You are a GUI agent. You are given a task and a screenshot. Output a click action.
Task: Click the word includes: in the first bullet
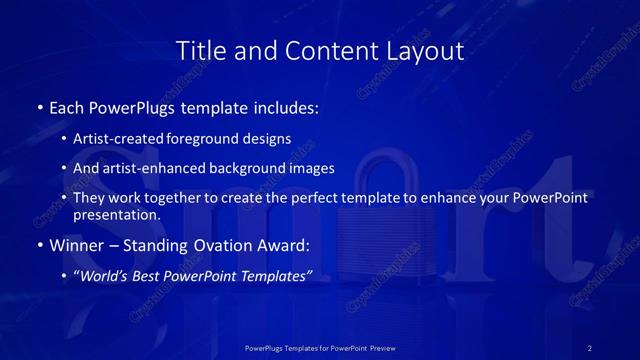(x=286, y=106)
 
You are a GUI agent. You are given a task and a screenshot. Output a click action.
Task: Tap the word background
(x=241, y=168)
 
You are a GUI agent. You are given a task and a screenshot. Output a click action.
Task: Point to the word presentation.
(x=117, y=214)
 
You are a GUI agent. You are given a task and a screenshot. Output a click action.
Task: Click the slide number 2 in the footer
(x=589, y=347)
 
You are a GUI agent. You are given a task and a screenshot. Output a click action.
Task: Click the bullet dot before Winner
(x=39, y=245)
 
